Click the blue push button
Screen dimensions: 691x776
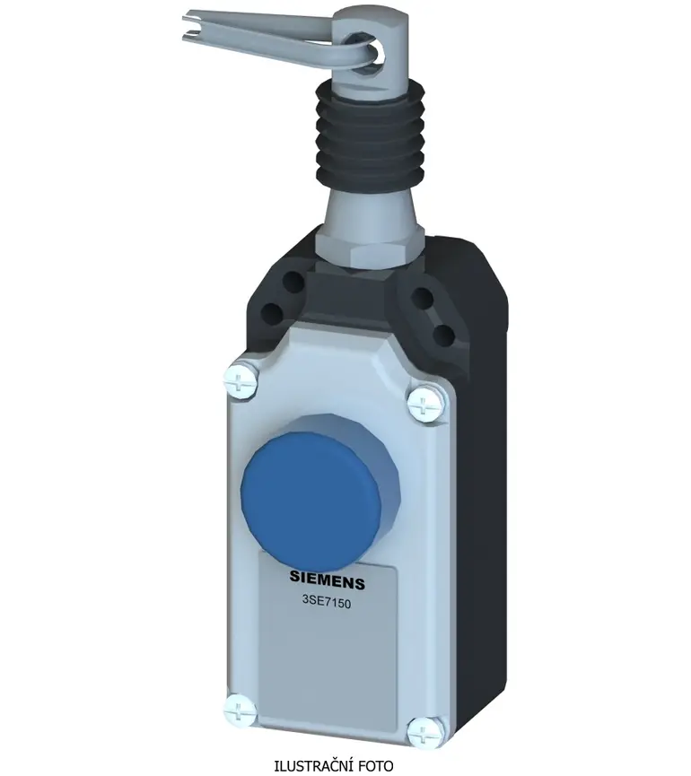pos(311,499)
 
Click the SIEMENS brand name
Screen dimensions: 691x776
pos(327,579)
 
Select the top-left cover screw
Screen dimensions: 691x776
pos(241,379)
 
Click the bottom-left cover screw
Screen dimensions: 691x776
pos(241,711)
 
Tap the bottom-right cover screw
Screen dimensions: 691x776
pos(426,732)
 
